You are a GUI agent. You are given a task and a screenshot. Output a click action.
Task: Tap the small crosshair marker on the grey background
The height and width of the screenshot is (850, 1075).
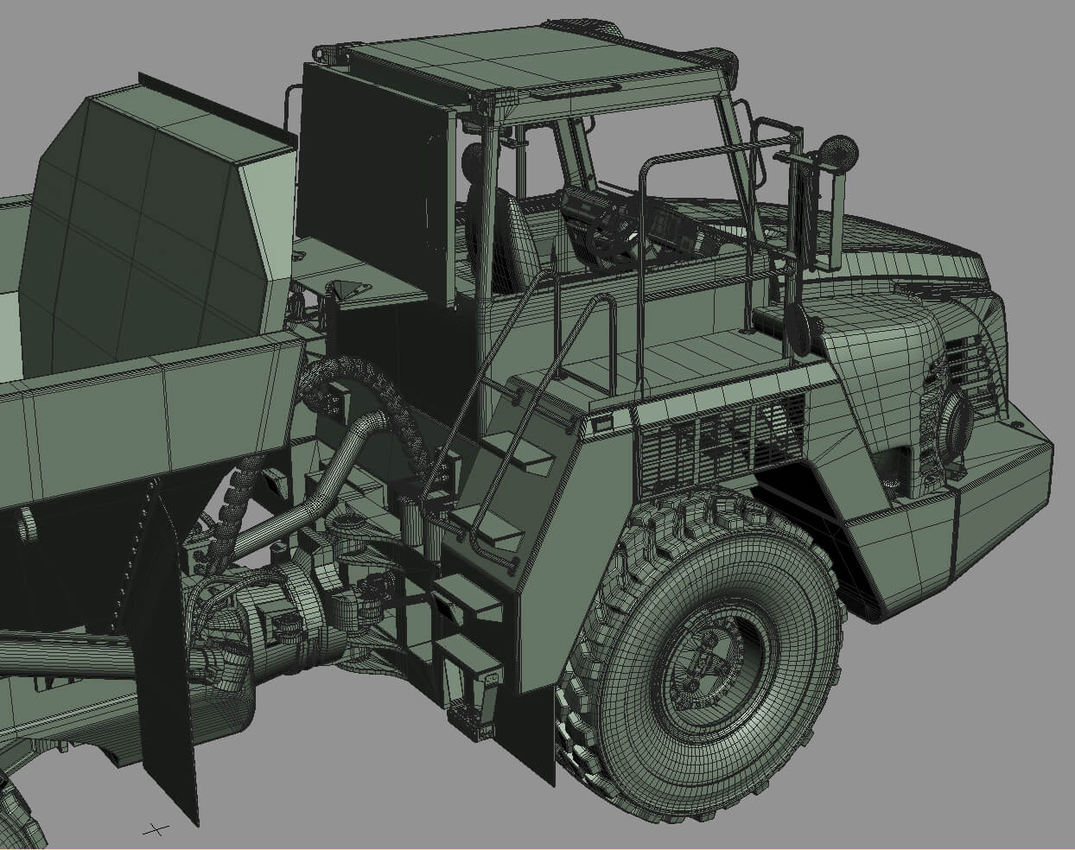click(156, 829)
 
